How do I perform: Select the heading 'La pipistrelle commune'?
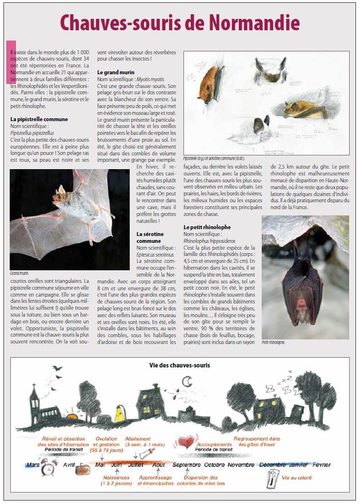click(39, 119)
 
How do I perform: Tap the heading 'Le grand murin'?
click(115, 73)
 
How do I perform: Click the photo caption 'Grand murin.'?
click(19, 273)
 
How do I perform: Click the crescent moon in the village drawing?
click(187, 381)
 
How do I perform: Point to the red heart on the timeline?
click(186, 442)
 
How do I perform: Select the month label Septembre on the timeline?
click(186, 465)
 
